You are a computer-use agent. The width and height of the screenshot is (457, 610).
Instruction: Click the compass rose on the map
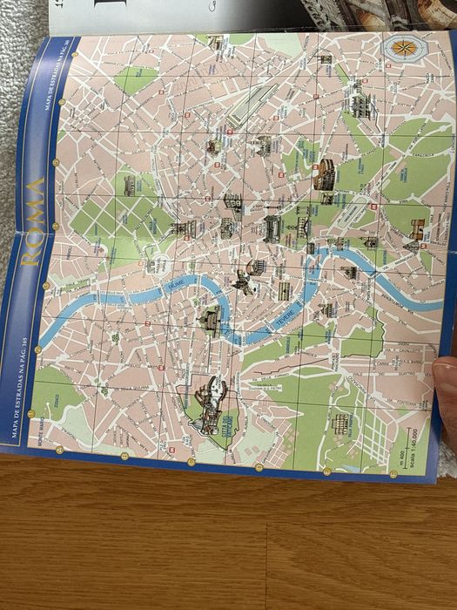click(x=403, y=48)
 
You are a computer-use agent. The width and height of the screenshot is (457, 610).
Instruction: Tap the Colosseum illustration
click(x=325, y=174)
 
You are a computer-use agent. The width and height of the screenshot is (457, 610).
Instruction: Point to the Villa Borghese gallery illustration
click(x=128, y=186)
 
